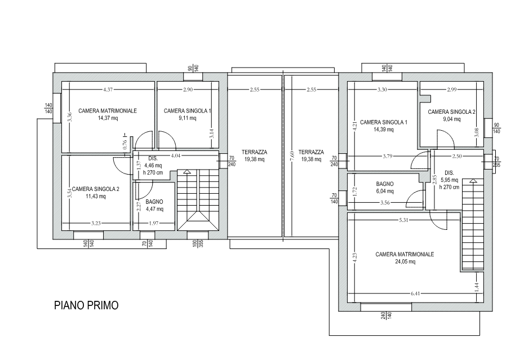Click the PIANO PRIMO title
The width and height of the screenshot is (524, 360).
(86, 305)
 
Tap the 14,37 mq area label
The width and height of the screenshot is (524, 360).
(108, 118)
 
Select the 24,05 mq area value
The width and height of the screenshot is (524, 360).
(405, 262)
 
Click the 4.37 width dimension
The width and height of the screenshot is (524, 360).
(108, 89)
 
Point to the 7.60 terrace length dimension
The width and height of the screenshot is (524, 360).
(292, 155)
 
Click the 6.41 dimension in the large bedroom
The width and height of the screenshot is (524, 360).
(415, 294)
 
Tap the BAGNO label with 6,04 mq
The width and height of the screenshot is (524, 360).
(385, 184)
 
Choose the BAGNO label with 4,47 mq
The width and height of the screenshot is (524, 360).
(154, 202)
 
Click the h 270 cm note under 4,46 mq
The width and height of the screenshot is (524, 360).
(153, 172)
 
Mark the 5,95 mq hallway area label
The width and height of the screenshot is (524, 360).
(449, 180)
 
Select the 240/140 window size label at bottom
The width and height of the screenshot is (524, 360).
(387, 315)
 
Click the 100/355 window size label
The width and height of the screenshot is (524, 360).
(198, 244)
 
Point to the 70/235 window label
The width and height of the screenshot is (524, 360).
(496, 162)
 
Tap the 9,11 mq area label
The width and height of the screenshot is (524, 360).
(188, 118)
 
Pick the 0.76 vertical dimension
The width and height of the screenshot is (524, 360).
(125, 144)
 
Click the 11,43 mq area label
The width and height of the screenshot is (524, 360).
(96, 196)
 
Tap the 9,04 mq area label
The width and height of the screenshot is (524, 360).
(451, 119)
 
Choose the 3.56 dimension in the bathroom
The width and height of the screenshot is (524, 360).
(385, 202)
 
